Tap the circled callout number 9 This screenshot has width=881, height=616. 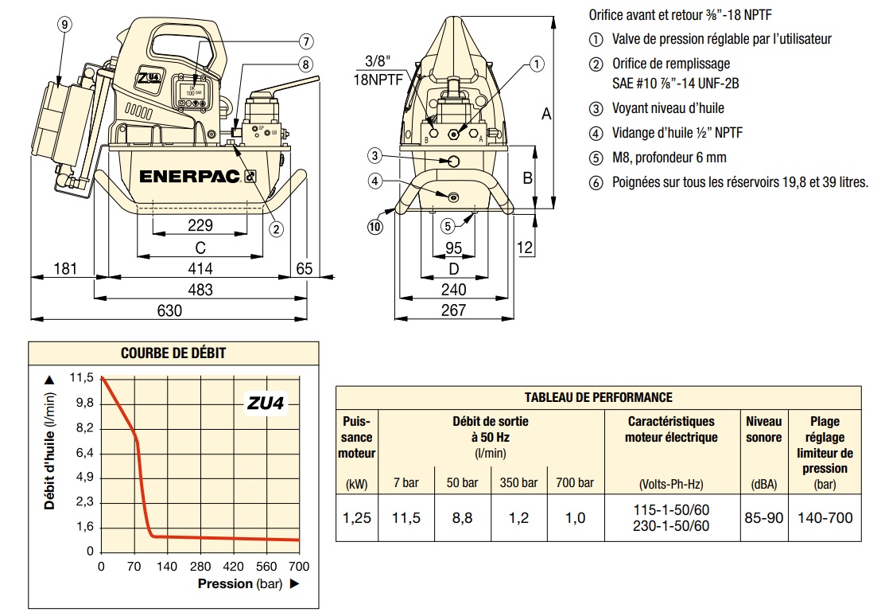[x=65, y=24]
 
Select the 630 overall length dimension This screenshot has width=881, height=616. [x=169, y=310]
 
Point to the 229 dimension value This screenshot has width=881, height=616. [x=200, y=226]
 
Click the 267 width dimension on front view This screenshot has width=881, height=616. [x=453, y=310]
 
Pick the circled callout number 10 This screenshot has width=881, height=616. [x=375, y=226]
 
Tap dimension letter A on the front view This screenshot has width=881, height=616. [x=546, y=114]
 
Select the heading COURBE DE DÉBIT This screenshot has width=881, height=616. [x=173, y=353]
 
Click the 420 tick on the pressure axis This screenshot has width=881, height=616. [x=233, y=567]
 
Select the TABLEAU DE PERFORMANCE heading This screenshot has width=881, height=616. [x=598, y=397]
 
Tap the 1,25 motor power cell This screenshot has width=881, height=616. [x=357, y=518]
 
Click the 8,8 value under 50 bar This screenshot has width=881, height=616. [x=461, y=518]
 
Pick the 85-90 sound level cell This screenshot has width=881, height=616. [x=763, y=518]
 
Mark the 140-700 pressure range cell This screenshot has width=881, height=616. [x=825, y=518]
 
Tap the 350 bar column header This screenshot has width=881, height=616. [x=518, y=482]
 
